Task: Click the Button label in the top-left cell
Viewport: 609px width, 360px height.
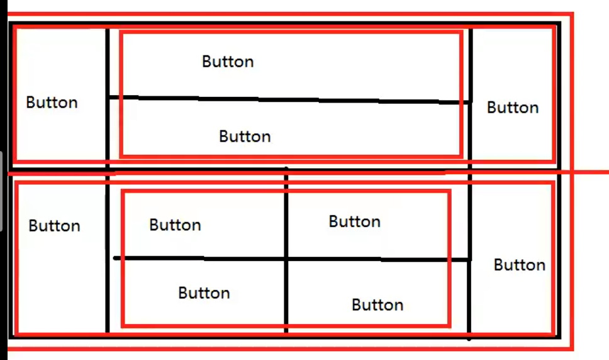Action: [52, 103]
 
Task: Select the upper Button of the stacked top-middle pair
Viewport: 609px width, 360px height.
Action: [228, 61]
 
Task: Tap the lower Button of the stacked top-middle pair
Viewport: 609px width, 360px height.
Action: [245, 137]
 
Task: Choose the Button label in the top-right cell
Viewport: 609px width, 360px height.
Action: [513, 108]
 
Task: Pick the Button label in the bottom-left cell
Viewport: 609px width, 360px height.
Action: [55, 226]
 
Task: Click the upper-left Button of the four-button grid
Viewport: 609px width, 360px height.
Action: [175, 225]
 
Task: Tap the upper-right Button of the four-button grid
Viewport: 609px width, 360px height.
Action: [355, 222]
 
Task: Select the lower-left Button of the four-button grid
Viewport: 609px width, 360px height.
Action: [204, 293]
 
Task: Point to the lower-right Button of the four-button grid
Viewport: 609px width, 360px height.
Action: [377, 305]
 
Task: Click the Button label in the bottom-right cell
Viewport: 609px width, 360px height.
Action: [520, 265]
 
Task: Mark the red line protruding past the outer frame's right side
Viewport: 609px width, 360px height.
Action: [591, 172]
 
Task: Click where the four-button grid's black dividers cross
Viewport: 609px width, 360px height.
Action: [286, 258]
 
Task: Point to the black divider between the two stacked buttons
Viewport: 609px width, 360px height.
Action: [290, 100]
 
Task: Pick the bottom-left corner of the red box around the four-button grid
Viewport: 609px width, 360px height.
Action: [123, 325]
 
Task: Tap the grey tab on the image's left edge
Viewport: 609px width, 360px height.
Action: [1, 191]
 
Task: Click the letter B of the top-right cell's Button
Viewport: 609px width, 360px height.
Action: [491, 108]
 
